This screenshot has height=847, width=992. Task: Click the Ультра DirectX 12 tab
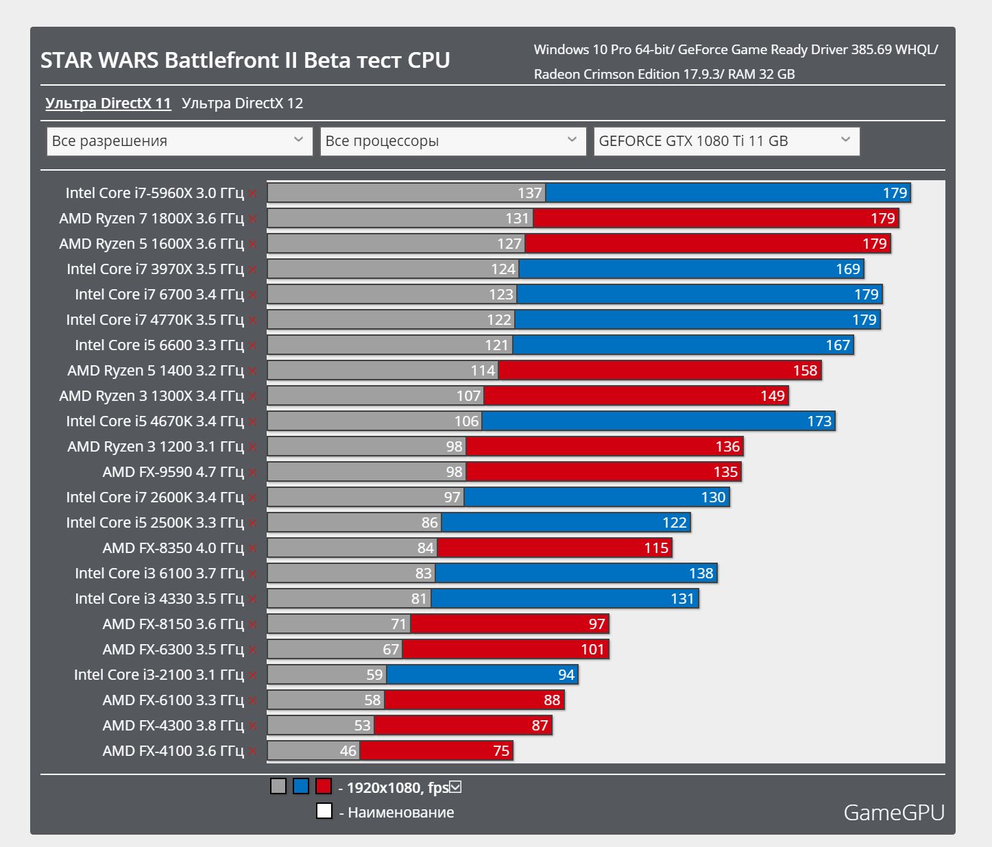(x=242, y=103)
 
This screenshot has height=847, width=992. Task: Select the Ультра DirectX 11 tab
(x=108, y=103)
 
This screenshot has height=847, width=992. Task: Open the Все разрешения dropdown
(x=179, y=141)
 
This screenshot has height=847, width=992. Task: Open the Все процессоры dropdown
(x=452, y=141)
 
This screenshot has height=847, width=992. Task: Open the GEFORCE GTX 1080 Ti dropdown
(x=726, y=141)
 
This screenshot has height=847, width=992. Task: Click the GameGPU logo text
(x=893, y=813)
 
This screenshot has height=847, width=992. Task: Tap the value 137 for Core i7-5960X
(x=529, y=193)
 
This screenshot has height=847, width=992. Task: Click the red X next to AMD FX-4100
(x=253, y=751)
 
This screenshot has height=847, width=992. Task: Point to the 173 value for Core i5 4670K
(x=819, y=421)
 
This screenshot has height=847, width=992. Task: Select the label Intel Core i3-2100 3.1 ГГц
(x=158, y=675)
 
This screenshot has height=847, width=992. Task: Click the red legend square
(x=324, y=786)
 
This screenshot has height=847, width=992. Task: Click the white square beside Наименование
(x=324, y=811)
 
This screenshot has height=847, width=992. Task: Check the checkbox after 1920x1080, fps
(x=455, y=787)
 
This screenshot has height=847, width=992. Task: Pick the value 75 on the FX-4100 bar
(x=501, y=751)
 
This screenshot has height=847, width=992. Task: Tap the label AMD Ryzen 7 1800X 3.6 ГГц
(x=151, y=219)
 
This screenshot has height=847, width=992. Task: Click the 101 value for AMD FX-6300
(x=592, y=650)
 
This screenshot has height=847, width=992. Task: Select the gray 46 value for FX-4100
(x=348, y=751)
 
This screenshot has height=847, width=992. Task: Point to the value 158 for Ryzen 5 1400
(x=805, y=371)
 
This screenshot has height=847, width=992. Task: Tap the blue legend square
(x=301, y=786)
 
